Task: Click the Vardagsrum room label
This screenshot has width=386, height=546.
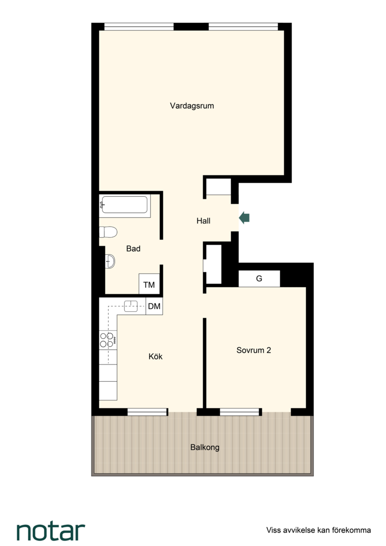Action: coord(192,106)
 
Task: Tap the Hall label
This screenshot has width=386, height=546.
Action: coord(203,221)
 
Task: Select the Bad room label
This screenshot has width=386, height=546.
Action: coord(133,249)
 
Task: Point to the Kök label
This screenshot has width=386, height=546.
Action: coord(155,356)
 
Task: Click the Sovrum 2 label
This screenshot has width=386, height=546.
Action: coord(254,350)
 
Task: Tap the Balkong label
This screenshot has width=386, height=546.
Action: coord(205,447)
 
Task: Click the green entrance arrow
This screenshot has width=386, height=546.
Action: coord(245,218)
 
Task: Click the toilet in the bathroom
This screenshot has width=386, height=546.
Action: coord(108,232)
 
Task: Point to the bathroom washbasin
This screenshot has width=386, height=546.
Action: coord(110,261)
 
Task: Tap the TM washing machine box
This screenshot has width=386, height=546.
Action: coord(149,285)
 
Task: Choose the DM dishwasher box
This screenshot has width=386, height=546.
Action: coord(154,306)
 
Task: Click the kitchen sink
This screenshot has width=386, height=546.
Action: coord(131,306)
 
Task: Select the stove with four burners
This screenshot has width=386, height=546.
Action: coord(108,340)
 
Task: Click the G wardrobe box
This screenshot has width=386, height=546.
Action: coord(259,279)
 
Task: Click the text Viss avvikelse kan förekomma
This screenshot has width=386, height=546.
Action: coord(318,530)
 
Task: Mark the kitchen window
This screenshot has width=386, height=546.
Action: coord(148,412)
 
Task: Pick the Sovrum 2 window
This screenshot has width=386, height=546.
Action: coord(240,412)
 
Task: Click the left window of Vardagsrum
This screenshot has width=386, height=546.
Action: coord(139,27)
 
